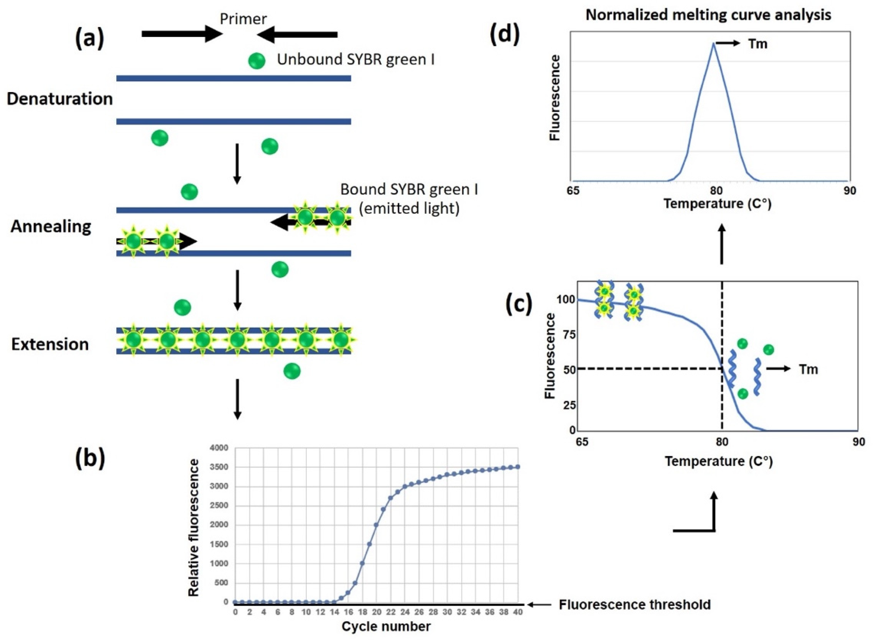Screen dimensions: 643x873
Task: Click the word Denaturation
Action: pos(59,99)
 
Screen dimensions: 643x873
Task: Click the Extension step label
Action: pos(50,344)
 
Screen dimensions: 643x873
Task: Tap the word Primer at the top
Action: pos(243,19)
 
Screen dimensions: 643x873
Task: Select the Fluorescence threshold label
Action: pos(635,605)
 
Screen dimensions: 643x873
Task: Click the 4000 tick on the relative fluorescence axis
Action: pos(220,448)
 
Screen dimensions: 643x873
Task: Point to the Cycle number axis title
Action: pos(386,627)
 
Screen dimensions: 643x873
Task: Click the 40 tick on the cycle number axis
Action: pos(518,612)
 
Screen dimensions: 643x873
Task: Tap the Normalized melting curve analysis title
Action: pos(708,15)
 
